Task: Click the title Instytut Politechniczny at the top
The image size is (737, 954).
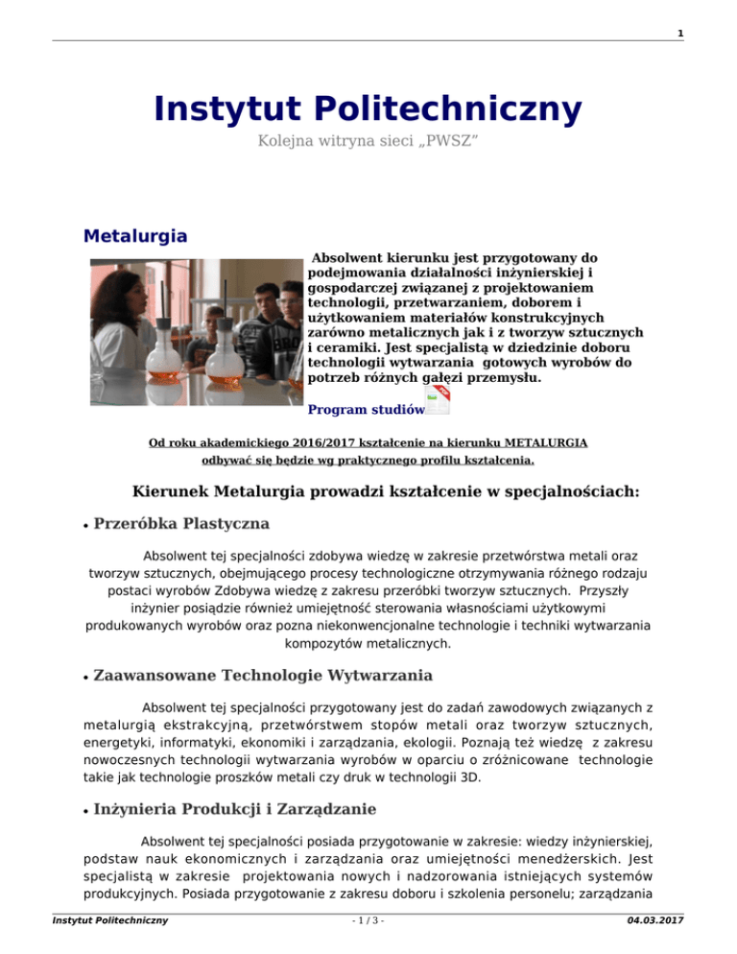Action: (368, 108)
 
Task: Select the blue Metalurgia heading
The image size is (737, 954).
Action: (134, 235)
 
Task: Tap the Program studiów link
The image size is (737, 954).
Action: (366, 410)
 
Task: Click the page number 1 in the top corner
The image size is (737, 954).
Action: (706, 34)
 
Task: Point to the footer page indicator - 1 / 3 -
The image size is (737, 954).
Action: (368, 946)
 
